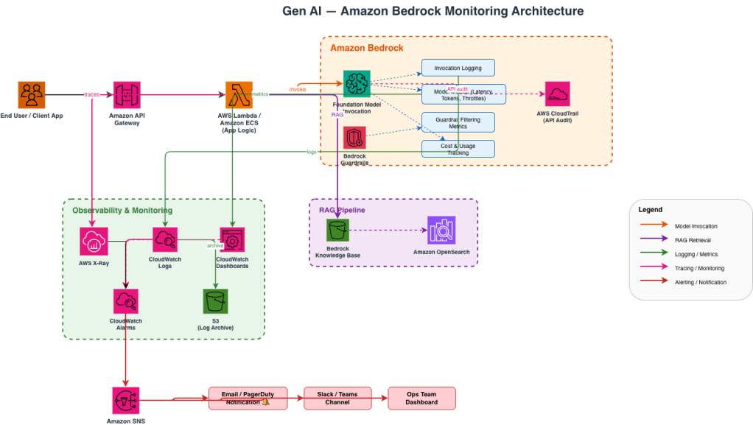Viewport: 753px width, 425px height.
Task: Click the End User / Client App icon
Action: click(32, 95)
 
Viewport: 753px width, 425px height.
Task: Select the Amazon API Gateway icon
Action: click(126, 95)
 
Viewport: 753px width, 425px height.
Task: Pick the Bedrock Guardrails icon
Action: click(354, 138)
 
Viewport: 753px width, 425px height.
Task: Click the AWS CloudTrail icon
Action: click(558, 94)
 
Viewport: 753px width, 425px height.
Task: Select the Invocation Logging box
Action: click(458, 69)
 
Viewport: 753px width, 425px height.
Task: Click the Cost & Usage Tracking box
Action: click(458, 149)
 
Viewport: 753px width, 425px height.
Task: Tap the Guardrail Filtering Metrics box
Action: click(458, 122)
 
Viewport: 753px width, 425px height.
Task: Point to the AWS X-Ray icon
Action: click(94, 241)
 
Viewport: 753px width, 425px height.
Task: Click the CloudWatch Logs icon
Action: click(165, 240)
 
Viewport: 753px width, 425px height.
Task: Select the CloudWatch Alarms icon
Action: click(126, 301)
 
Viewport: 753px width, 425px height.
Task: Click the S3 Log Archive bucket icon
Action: click(215, 301)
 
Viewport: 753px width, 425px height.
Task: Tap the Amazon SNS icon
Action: click(126, 400)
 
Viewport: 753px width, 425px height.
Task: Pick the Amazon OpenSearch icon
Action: click(441, 231)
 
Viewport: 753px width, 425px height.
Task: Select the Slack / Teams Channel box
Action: click(337, 398)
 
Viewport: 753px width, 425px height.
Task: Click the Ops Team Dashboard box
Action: click(421, 398)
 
